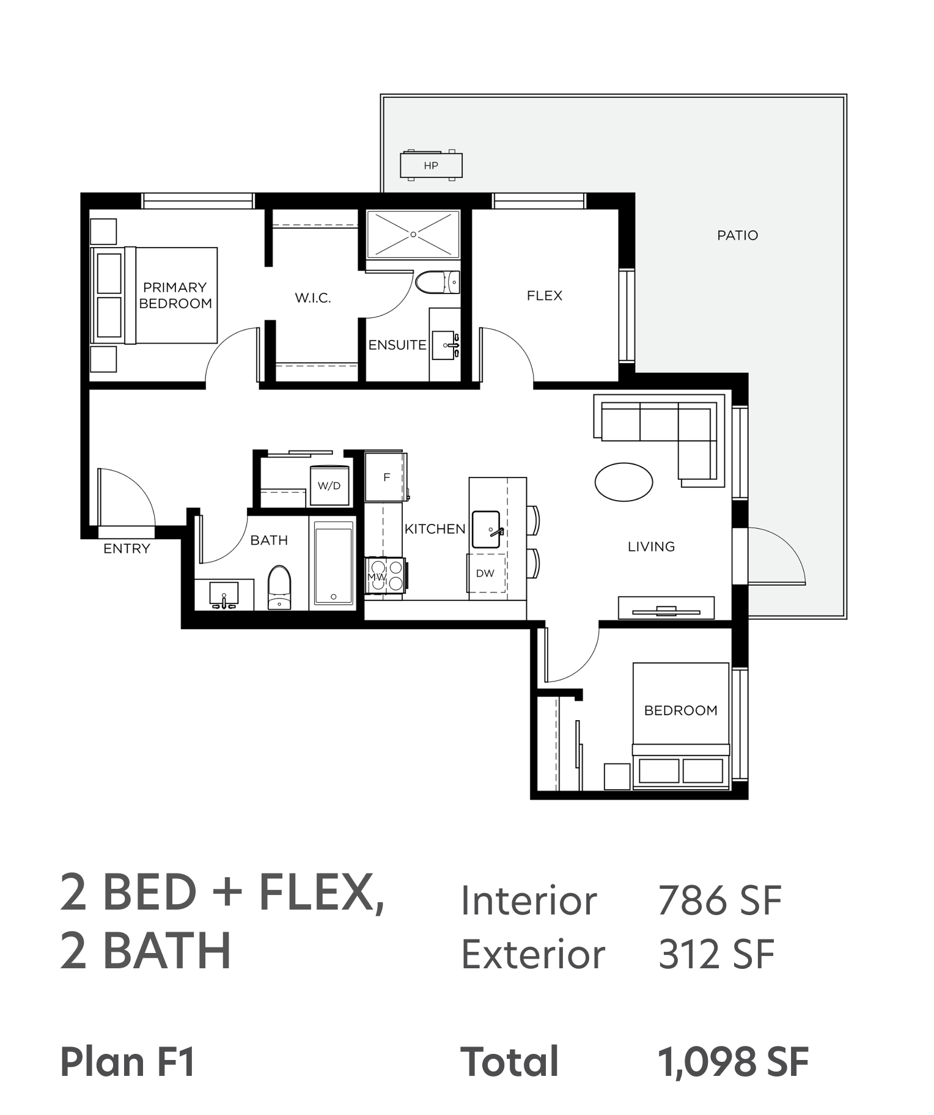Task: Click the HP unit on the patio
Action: coord(431,165)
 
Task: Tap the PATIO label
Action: coord(737,235)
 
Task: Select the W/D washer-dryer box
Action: coord(329,485)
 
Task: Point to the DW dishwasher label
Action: coord(485,573)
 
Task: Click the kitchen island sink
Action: coord(487,529)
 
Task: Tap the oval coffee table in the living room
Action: coord(623,482)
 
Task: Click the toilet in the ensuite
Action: coord(437,282)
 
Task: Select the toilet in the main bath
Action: coord(280,587)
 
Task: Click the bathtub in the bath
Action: coord(333,564)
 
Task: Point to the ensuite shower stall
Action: coord(413,234)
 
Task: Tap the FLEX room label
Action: coord(544,296)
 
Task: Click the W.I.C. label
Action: coord(312,298)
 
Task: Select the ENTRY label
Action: coord(127,549)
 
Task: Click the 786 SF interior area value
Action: coord(719,900)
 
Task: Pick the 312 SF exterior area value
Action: coord(716,954)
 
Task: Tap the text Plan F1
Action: coord(128,1062)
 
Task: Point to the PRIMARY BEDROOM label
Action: coord(175,295)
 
